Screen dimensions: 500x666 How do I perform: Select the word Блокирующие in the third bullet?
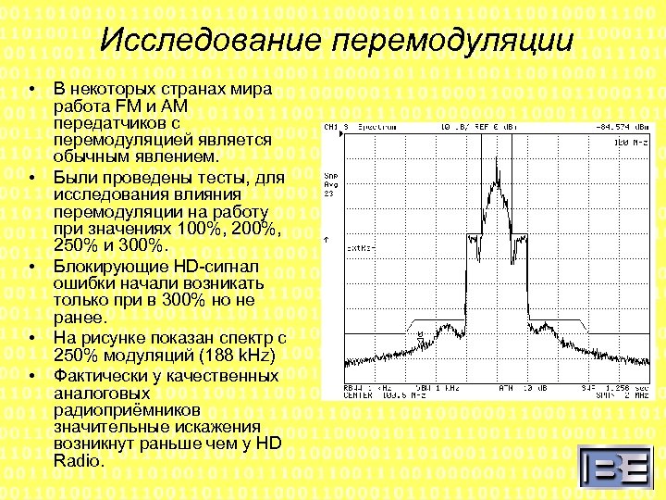tap(105, 266)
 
